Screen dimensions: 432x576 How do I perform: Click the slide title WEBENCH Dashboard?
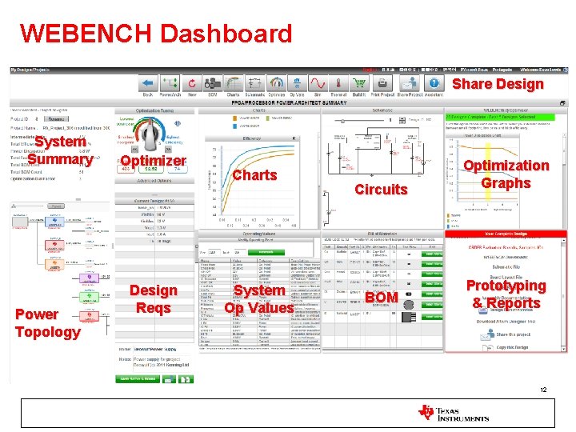(156, 34)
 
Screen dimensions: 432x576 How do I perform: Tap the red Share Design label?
(498, 84)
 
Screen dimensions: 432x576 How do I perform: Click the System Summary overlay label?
(60, 150)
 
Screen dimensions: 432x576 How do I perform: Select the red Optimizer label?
(152, 161)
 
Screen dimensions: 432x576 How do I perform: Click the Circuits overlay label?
(381, 189)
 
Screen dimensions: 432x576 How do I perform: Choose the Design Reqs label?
(153, 298)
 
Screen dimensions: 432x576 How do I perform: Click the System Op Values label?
(258, 299)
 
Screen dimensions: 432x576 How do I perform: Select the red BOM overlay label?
(381, 298)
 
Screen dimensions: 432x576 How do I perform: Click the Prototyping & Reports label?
(506, 294)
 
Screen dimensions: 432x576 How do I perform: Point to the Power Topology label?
(47, 322)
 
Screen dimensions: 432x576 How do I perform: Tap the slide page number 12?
(542, 390)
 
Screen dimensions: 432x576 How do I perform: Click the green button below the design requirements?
(138, 378)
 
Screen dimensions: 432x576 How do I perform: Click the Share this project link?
(504, 334)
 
